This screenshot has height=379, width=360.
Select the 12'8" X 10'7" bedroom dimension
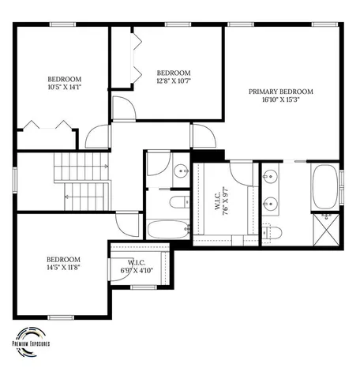point(174,81)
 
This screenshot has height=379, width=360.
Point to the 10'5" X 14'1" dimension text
point(62,88)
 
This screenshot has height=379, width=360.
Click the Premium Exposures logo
point(31,336)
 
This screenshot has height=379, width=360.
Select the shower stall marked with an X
point(325,230)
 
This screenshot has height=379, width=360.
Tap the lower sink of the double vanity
point(270,201)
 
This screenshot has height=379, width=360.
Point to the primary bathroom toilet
point(274,231)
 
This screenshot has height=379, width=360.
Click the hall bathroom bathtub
point(168,231)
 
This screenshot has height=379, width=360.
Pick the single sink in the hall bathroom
point(180,169)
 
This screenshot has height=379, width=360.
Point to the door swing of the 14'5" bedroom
point(124,225)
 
